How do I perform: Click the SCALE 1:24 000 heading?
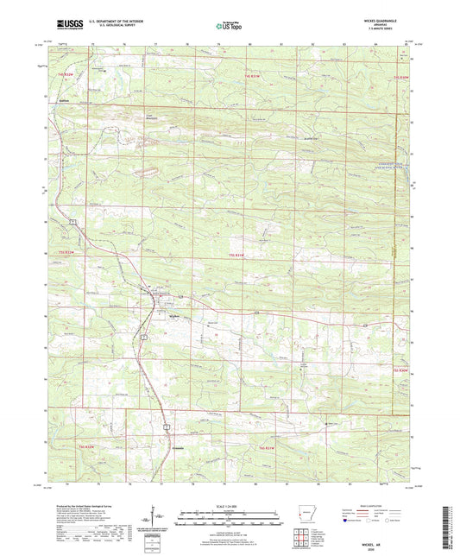(x=229, y=505)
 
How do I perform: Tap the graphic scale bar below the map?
(x=229, y=520)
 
